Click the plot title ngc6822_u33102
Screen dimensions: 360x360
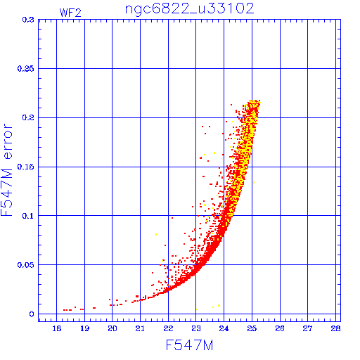pos(189,9)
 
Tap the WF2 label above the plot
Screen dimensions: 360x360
pos(70,13)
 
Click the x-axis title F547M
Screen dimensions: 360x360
pos(189,345)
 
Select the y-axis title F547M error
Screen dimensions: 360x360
pos(6,170)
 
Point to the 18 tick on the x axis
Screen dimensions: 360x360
pos(56,328)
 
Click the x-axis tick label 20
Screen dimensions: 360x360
pos(112,328)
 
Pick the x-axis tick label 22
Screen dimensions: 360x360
pos(168,328)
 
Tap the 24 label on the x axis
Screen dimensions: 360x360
pos(224,328)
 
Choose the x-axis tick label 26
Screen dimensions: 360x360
pos(280,328)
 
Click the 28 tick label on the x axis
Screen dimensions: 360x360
pos(335,328)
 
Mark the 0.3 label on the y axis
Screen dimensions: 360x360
pos(28,20)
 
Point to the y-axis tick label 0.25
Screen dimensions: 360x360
pos(25,69)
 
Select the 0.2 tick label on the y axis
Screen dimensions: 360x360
pos(28,117)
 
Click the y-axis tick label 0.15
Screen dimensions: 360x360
pos(25,167)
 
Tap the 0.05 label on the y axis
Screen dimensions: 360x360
pos(25,265)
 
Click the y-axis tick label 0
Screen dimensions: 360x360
pos(32,314)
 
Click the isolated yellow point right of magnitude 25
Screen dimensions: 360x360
pos(254,182)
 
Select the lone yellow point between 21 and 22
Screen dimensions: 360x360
pos(156,234)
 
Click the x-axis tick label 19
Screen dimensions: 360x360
pos(84,328)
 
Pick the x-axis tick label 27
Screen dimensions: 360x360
pos(307,328)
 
